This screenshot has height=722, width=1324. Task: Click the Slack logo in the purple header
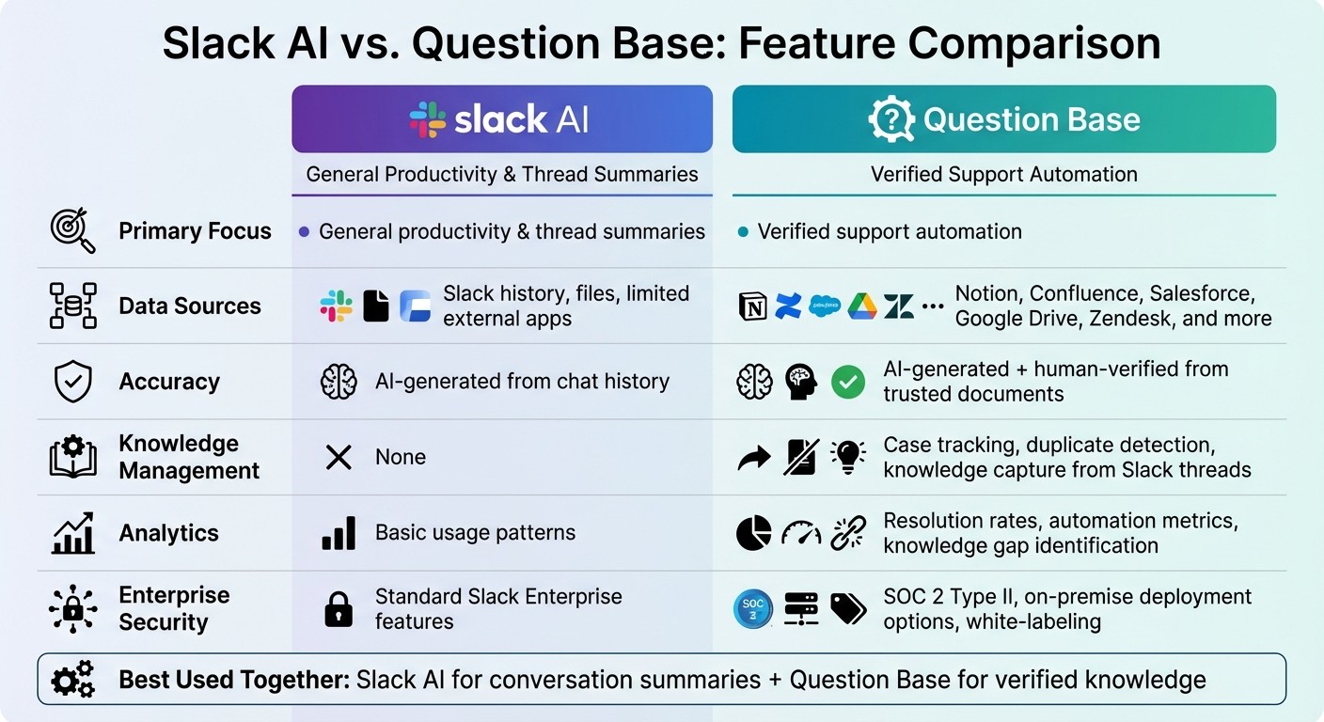coord(428,119)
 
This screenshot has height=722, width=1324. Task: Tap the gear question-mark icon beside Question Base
coord(891,119)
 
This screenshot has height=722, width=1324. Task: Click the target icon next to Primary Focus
coord(72,231)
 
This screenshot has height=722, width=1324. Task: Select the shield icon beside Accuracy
coord(72,382)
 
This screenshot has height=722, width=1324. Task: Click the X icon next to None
coord(338,458)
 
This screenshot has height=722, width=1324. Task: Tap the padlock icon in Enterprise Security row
coord(338,609)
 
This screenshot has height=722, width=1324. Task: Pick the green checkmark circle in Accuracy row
coord(849,382)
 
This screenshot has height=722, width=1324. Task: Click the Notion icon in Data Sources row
coord(753,306)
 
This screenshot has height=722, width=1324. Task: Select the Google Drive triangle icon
coord(861,306)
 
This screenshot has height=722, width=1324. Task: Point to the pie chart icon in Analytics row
coord(753,533)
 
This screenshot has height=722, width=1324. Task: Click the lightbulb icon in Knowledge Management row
coord(848,457)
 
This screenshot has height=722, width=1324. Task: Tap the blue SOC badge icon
coord(753,609)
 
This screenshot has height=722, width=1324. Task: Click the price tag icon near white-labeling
coord(848,609)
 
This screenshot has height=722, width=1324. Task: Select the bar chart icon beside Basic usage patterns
coord(339,533)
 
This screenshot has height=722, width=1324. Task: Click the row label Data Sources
coord(189,306)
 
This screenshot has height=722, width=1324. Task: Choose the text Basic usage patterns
coord(475,533)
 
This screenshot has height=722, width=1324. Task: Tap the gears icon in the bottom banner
coord(72,680)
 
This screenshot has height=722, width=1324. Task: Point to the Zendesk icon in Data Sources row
coord(898,306)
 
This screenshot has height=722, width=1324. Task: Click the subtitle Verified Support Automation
coord(1003,175)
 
